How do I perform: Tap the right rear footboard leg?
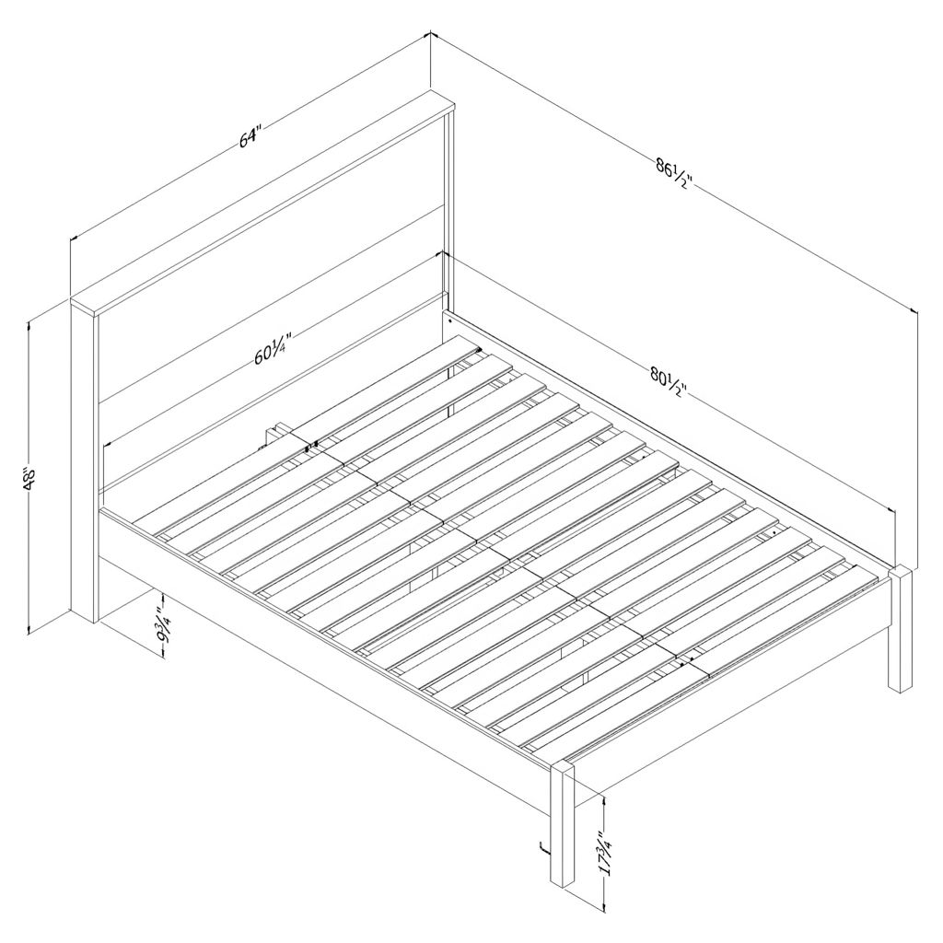[901, 629]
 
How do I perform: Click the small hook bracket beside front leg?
[543, 848]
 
